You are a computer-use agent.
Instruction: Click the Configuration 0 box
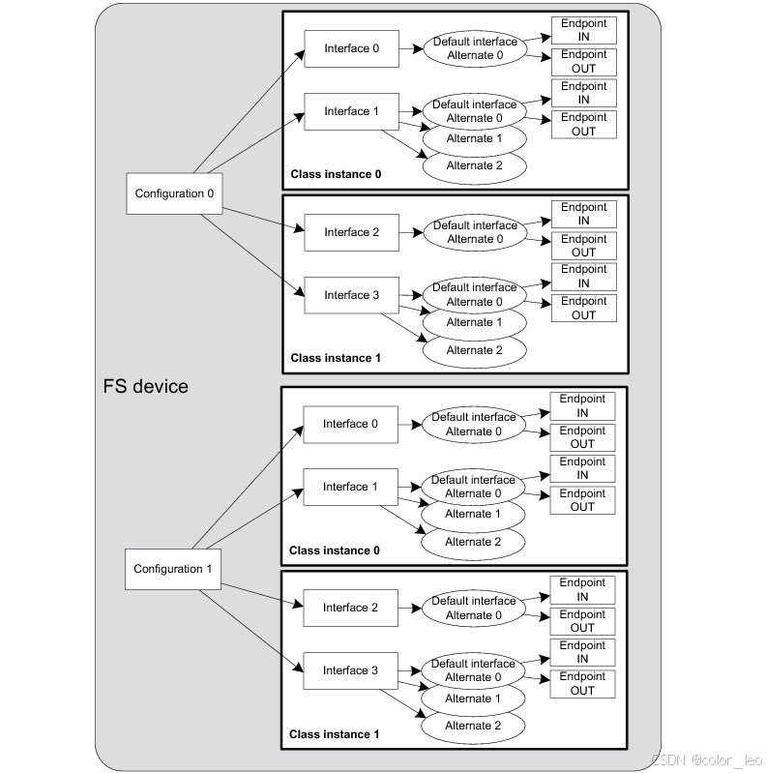[x=174, y=193]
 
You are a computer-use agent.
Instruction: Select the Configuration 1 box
[x=172, y=569]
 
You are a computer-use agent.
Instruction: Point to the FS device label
[x=145, y=387]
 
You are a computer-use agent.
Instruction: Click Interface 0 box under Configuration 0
[x=351, y=48]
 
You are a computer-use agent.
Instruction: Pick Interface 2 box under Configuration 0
[x=351, y=232]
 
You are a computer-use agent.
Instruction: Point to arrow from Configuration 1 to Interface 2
[x=259, y=590]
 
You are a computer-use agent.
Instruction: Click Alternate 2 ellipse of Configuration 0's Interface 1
[x=474, y=165]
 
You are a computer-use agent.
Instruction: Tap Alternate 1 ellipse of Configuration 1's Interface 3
[x=473, y=698]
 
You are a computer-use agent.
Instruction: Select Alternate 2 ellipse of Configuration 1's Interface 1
[x=473, y=542]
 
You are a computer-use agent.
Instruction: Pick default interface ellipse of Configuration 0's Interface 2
[x=475, y=232]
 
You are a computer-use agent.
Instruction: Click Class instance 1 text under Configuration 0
[x=336, y=358]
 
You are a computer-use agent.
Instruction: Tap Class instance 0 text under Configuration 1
[x=335, y=550]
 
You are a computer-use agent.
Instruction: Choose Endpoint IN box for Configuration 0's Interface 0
[x=583, y=28]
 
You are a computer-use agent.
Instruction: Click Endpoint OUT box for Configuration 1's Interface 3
[x=582, y=684]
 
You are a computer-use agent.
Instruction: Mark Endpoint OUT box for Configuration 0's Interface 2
[x=583, y=246]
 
